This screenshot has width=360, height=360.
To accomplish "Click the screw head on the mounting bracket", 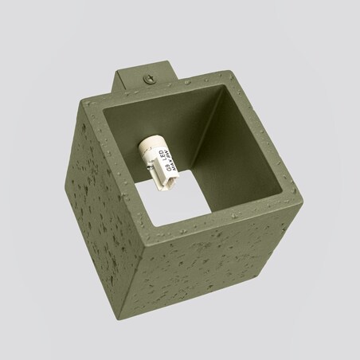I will tap(147, 78).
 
